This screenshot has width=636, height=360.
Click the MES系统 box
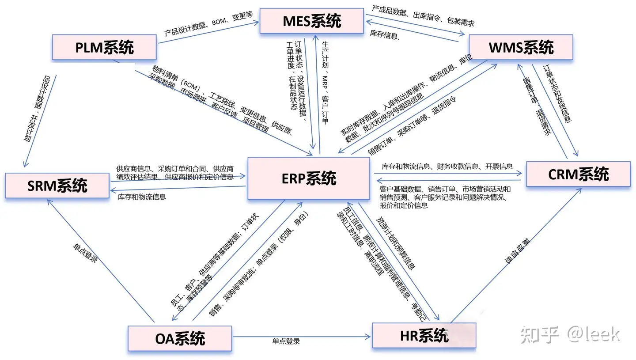point(312,20)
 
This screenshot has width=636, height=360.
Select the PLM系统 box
point(104,47)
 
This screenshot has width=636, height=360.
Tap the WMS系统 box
point(521,47)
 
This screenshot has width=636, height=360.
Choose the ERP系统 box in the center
point(308,178)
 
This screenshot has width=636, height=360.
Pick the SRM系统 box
point(57,186)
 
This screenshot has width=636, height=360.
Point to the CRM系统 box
point(578,174)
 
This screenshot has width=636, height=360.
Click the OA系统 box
point(180,338)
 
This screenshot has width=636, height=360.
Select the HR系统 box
point(424,335)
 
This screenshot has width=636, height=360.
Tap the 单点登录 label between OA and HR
point(286,341)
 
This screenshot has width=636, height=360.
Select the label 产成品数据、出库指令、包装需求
point(423,16)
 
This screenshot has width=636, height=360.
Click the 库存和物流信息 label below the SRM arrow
point(142,197)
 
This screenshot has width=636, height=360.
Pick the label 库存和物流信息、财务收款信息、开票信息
point(447,167)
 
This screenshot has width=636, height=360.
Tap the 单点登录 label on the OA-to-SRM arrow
point(85,253)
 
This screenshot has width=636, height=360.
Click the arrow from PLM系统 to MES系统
point(208,33)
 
